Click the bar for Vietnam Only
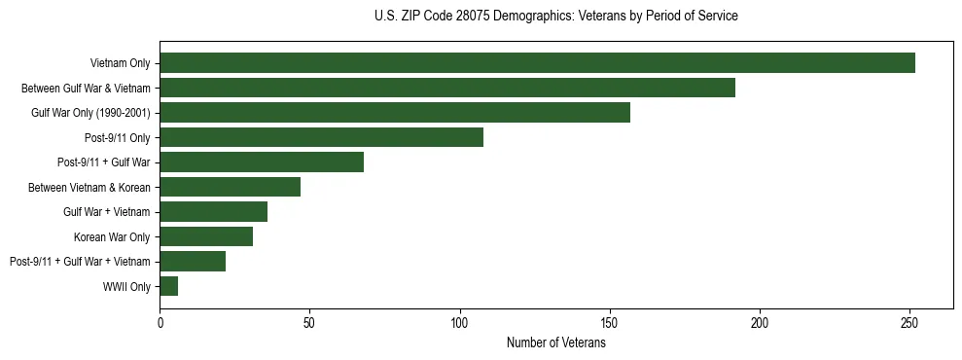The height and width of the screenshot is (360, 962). pos(537,62)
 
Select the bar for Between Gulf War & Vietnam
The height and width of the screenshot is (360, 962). pos(447,88)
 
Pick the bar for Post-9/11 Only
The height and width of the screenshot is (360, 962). pos(321,137)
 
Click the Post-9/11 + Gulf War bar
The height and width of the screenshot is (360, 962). pos(262,162)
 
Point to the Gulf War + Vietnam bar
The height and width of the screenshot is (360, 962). pos(213,211)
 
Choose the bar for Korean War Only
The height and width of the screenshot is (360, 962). pos(206,236)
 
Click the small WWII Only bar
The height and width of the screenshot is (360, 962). pos(168,286)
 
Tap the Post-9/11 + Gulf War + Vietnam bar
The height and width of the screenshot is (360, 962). pos(193,261)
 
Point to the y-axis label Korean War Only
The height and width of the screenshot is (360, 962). pos(112,236)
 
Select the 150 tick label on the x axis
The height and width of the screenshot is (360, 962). pos(610,322)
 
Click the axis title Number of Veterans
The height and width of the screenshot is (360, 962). pos(555,343)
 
